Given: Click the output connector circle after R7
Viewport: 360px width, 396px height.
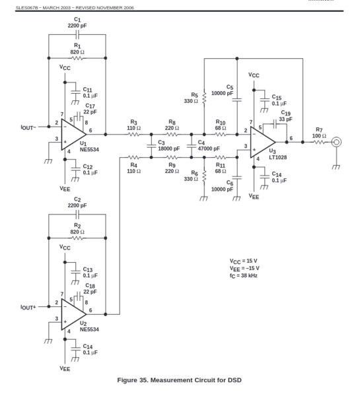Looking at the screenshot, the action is point(336,142).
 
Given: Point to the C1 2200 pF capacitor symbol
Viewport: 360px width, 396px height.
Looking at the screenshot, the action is point(77,34).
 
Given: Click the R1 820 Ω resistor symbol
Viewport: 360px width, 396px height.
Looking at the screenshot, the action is point(77,58).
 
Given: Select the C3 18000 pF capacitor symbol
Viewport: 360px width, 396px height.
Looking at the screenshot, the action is point(151,146).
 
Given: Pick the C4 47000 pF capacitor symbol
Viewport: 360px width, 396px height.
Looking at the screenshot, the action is point(191,146).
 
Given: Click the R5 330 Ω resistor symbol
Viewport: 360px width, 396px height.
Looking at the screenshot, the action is point(204,98).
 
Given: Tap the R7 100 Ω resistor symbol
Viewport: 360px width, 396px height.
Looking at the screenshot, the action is point(319,142).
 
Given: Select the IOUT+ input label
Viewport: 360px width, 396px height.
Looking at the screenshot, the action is point(28,308).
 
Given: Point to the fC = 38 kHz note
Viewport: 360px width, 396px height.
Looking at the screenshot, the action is point(244,275).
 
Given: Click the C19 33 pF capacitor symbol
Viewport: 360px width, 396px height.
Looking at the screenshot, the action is point(275,124).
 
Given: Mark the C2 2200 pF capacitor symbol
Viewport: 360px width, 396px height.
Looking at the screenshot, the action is point(77,214).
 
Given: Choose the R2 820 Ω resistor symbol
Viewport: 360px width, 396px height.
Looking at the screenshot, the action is point(77,238).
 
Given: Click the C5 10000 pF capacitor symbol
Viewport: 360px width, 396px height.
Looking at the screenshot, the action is point(237,100).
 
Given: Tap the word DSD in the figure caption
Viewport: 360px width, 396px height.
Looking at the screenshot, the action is point(234,380).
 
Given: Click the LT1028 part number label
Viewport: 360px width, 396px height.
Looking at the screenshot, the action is point(278,157).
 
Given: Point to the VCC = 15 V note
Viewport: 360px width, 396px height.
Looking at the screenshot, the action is point(244,261).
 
